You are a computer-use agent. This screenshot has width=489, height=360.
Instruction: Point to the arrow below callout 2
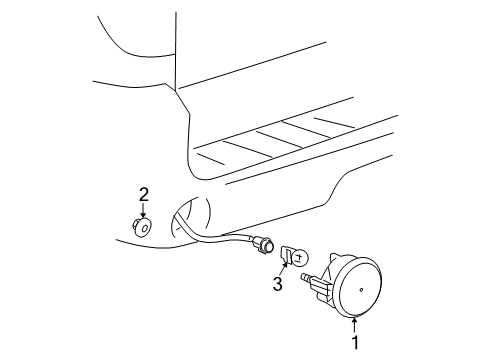tap(143, 211)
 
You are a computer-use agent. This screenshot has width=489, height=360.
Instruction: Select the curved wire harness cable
tap(215, 241)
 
